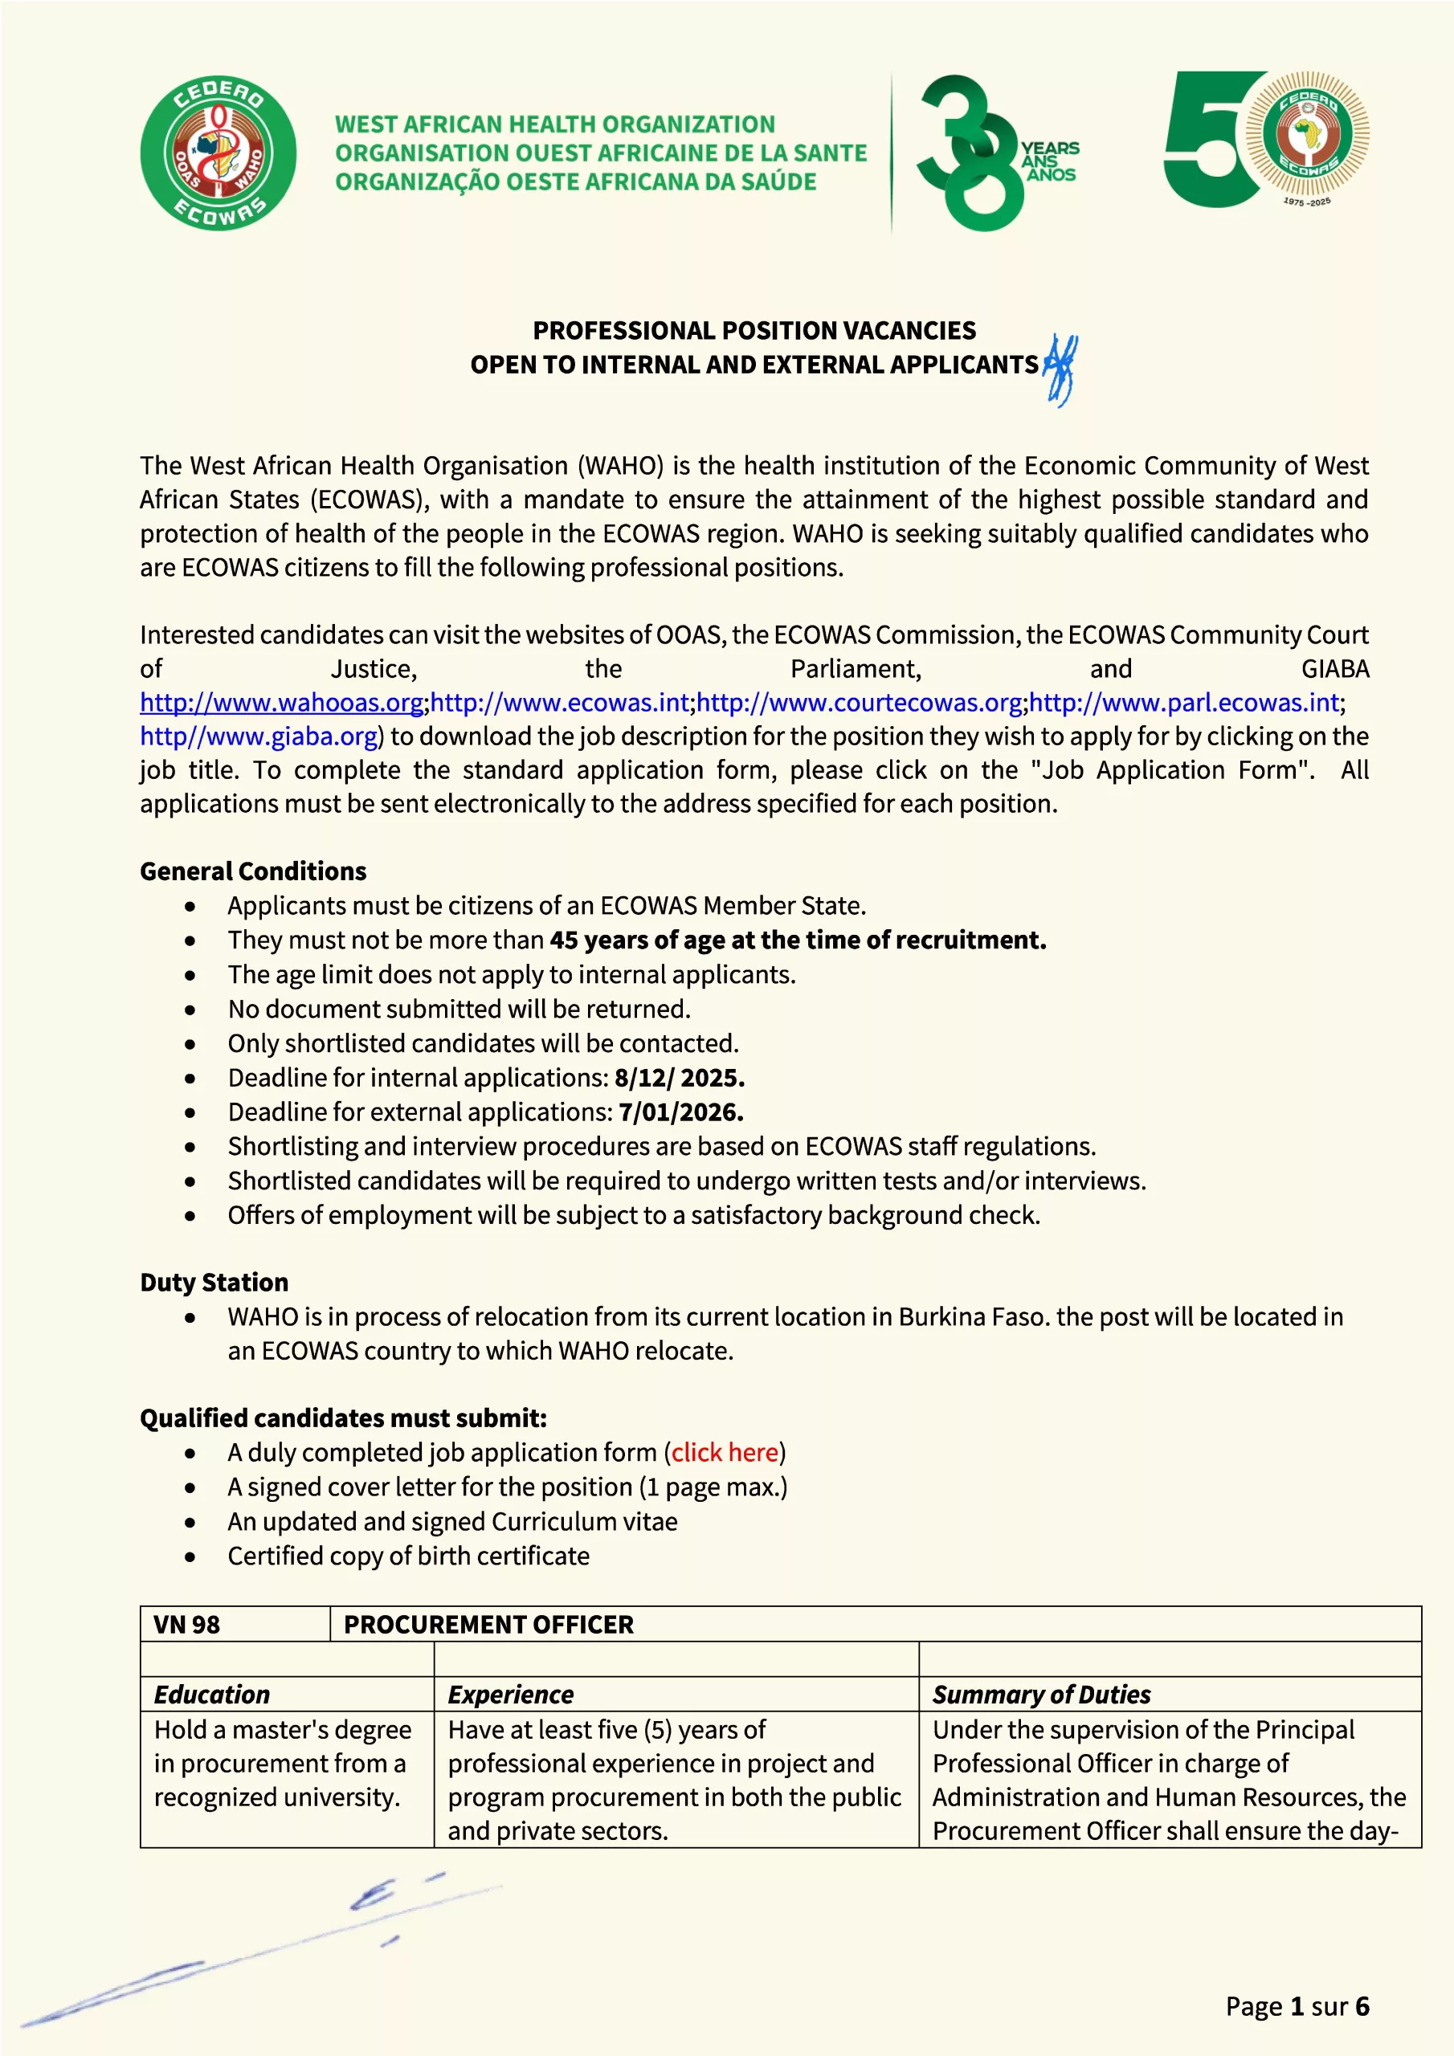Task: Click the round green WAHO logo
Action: (218, 153)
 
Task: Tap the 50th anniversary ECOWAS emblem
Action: (1266, 140)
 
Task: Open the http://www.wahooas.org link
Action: (281, 703)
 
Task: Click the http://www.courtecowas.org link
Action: (859, 703)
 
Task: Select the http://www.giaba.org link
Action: (258, 737)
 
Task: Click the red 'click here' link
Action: (725, 1453)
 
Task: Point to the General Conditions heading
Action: (252, 871)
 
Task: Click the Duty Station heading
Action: (214, 1283)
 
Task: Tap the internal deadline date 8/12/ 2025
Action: (679, 1078)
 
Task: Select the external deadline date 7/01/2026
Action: (681, 1112)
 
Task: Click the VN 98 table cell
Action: (186, 1625)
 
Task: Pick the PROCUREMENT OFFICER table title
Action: (488, 1625)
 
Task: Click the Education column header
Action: (211, 1695)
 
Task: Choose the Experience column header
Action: (511, 1695)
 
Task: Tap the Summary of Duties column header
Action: (1041, 1695)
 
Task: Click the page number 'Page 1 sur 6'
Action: (1297, 2007)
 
